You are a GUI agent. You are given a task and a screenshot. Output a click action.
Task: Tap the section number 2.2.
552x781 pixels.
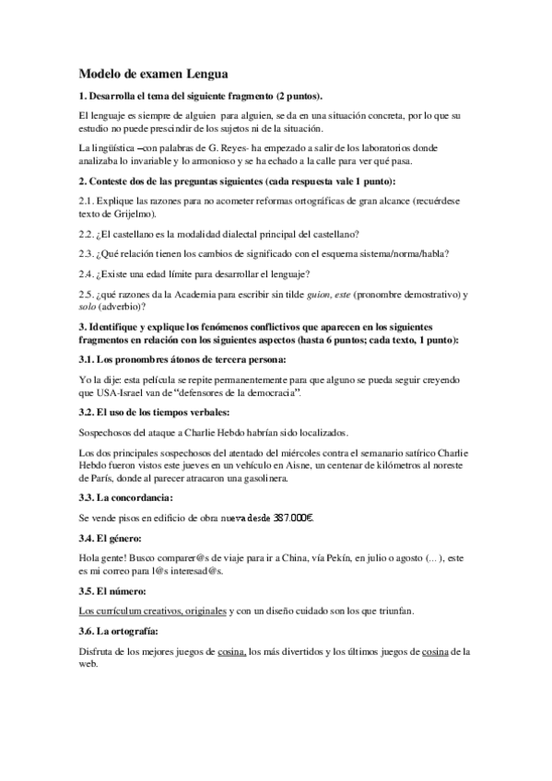pos(88,233)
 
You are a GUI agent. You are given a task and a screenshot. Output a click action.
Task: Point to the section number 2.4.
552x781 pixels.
pos(88,274)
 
